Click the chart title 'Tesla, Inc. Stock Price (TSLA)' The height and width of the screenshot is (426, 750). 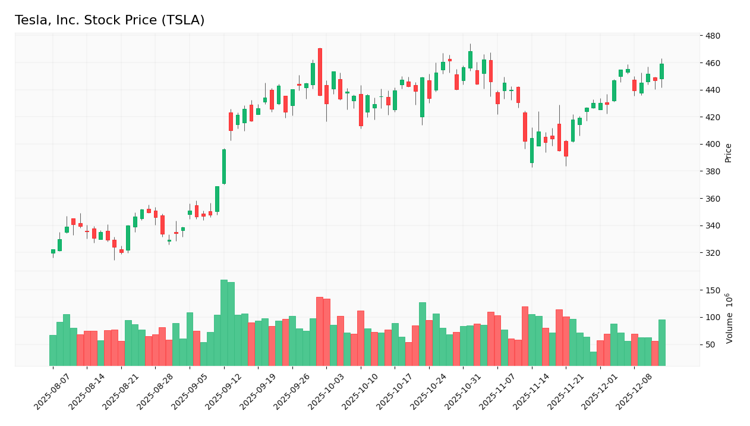[x=109, y=21]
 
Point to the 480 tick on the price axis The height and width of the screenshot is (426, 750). [x=713, y=36]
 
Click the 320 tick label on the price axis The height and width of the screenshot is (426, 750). [x=713, y=253]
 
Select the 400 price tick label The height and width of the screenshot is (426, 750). [x=713, y=145]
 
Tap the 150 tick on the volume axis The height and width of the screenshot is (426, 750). [x=713, y=290]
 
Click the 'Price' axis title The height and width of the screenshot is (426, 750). [x=728, y=153]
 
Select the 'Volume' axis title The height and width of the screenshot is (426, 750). [x=729, y=318]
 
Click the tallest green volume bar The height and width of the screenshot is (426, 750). [x=224, y=322]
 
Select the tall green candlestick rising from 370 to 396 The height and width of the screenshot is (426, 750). [x=224, y=167]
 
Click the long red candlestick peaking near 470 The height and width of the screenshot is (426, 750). [x=320, y=72]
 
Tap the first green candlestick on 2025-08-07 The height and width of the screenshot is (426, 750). [x=53, y=251]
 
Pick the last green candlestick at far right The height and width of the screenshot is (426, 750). [x=661, y=71]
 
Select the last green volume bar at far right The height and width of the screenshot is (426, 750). [x=661, y=343]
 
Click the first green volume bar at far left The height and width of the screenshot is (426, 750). [x=53, y=350]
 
